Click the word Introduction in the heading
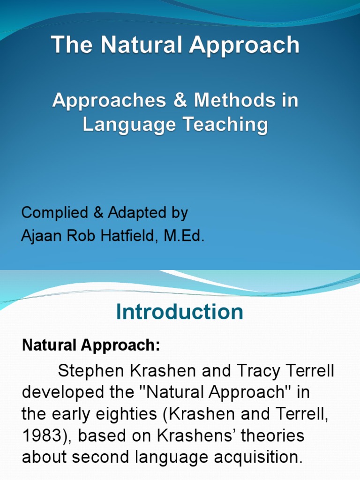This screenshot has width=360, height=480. pyautogui.click(x=180, y=312)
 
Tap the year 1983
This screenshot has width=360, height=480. pyautogui.click(x=40, y=436)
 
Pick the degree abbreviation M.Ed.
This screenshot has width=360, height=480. pyautogui.click(x=184, y=236)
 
